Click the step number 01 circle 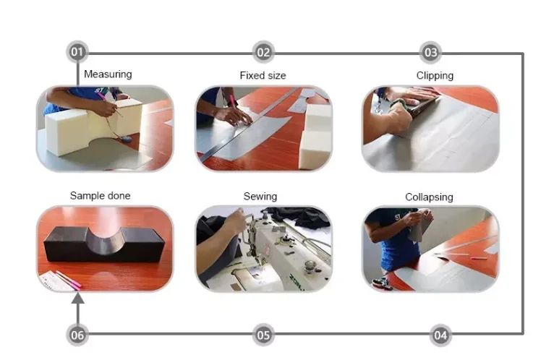tap(77, 52)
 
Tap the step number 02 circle tap(263, 52)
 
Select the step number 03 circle tap(430, 52)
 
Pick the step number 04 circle tap(440, 335)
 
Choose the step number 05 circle tap(263, 335)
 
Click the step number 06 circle tap(77, 335)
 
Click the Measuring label tap(108, 74)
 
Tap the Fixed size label tap(263, 75)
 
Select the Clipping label tap(435, 76)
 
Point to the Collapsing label tap(429, 197)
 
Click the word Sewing tap(260, 197)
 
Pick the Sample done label tap(100, 195)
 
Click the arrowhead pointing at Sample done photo tap(77, 298)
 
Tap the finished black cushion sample tap(104, 244)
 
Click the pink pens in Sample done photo tap(68, 280)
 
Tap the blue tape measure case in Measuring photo tap(127, 139)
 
